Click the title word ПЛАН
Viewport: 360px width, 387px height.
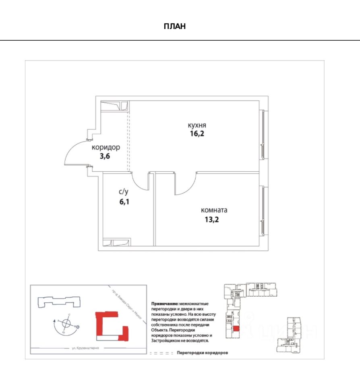click(175, 27)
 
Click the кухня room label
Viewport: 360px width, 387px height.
click(197, 125)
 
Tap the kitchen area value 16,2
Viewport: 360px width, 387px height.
click(197, 134)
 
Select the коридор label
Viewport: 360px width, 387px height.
click(106, 148)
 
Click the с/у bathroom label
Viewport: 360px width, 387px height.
click(123, 192)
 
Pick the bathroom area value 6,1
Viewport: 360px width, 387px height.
click(123, 202)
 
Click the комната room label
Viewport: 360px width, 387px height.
click(214, 210)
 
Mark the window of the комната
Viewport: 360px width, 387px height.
click(263, 210)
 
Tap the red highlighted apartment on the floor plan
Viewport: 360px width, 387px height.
click(236, 329)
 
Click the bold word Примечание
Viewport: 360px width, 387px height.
click(164, 303)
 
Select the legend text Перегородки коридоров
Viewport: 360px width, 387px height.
click(203, 353)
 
